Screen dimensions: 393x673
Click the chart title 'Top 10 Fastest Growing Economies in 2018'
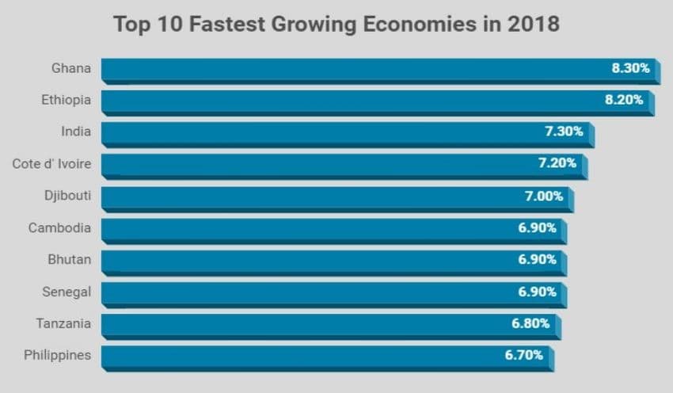click(336, 24)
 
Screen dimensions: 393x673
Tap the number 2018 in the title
click(534, 24)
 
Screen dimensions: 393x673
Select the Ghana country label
click(71, 68)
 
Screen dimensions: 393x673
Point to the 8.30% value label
click(630, 68)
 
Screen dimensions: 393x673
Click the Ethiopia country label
click(67, 100)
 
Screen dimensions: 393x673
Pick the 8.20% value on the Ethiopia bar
click(624, 100)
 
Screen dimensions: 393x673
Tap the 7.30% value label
click(564, 132)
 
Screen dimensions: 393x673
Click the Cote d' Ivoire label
click(51, 164)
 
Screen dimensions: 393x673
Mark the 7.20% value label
click(557, 164)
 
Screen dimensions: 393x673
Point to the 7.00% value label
click(544, 196)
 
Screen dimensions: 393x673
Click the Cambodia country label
click(59, 228)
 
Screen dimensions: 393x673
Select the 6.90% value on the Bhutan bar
click(538, 260)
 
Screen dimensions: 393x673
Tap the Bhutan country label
click(70, 260)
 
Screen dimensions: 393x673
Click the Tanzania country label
click(63, 323)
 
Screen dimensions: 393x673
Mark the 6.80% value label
click(531, 323)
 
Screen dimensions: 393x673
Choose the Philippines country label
click(57, 355)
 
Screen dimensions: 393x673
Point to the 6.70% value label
click(524, 355)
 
